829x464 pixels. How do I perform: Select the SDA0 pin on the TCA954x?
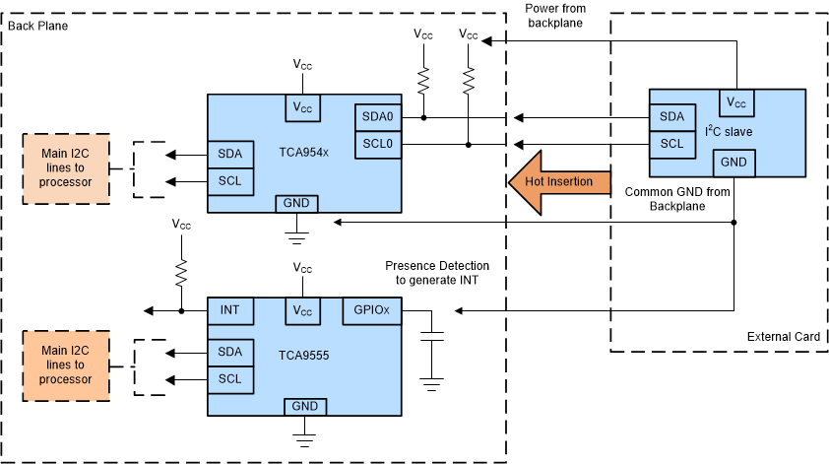(377, 117)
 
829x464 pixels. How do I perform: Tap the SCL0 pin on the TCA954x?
(377, 144)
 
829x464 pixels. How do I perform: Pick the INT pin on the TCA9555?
(229, 310)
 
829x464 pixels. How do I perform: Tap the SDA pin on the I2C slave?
(671, 117)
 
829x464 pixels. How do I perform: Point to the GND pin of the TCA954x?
(295, 204)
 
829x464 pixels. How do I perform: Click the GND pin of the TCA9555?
(304, 407)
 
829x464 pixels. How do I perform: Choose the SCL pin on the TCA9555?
(229, 379)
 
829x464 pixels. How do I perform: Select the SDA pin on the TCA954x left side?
(229, 155)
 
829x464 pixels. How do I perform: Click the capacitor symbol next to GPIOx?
(430, 337)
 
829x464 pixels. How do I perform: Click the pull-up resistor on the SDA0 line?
(423, 79)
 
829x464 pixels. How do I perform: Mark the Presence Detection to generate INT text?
(437, 273)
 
